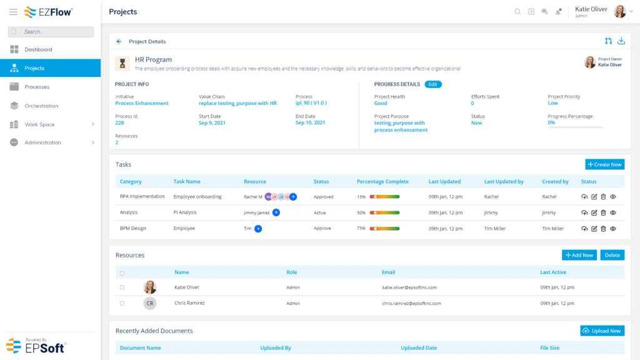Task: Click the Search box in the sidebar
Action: tap(51, 31)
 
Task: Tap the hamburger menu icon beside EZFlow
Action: tap(13, 12)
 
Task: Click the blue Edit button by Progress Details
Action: tap(433, 84)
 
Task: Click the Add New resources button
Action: tap(579, 255)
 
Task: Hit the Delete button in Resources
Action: tap(612, 255)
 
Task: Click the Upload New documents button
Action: tap(601, 331)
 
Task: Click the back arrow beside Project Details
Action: tap(119, 42)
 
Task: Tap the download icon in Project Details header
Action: tap(621, 41)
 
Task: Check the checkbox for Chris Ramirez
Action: tap(122, 303)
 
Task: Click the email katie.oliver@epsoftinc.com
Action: tap(409, 287)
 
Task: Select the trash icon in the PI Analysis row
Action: tap(603, 212)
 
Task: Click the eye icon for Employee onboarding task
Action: tap(613, 196)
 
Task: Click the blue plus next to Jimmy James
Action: tap(276, 212)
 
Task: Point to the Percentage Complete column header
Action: tap(382, 182)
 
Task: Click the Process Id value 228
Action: tap(119, 123)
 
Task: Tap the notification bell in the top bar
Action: tap(557, 12)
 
